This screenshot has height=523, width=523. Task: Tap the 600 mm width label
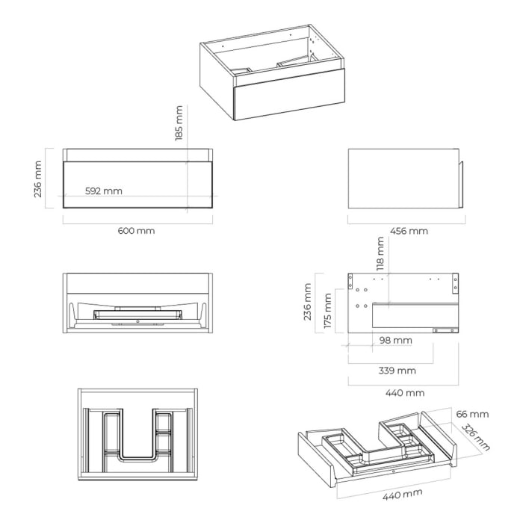(x=137, y=231)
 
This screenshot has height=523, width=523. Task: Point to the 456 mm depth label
(x=409, y=231)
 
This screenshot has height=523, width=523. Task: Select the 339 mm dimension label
(x=396, y=371)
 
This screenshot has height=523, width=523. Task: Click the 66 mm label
(x=471, y=414)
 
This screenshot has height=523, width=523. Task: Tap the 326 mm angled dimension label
(x=476, y=438)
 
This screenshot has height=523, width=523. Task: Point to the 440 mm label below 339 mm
(x=404, y=393)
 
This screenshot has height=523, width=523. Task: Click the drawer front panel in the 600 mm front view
(x=137, y=184)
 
